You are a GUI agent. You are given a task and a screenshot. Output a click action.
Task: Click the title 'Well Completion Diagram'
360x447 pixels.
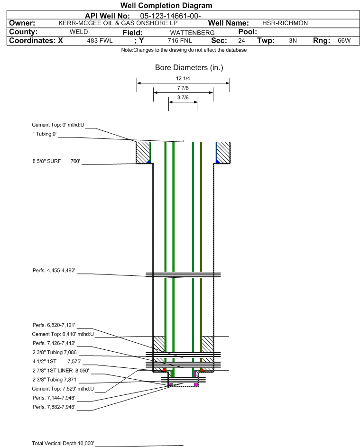(166, 5)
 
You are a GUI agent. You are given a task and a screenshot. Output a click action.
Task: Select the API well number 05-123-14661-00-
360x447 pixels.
(170, 16)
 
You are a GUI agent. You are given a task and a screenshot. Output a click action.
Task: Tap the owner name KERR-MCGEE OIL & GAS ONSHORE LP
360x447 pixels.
(118, 23)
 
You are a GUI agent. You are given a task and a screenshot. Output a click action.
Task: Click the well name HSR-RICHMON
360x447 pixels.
(285, 23)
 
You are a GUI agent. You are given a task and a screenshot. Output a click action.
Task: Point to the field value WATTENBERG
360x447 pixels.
(192, 33)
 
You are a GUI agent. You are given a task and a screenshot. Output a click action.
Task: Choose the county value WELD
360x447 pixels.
(79, 32)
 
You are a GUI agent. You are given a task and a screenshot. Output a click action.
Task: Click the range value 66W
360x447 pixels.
(344, 40)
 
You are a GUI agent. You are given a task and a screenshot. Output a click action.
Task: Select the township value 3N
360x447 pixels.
(293, 40)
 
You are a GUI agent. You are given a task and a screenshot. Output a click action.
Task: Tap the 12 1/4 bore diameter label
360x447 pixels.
(183, 78)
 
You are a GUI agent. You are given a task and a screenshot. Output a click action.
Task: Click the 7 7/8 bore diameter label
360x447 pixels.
(183, 88)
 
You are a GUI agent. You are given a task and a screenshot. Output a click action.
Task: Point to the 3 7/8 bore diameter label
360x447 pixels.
(183, 97)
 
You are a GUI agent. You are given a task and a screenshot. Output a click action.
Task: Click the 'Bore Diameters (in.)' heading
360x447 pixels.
(189, 68)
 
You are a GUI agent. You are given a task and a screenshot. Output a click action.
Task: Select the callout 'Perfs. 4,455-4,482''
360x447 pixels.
(54, 270)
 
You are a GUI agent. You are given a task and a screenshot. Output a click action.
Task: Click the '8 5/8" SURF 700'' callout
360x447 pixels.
(56, 161)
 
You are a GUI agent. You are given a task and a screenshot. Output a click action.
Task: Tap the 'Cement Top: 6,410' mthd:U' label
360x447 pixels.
(63, 334)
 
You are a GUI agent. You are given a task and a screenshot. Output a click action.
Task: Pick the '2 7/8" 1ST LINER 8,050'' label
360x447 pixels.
(61, 370)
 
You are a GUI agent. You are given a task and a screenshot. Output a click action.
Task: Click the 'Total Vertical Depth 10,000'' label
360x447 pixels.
(63, 443)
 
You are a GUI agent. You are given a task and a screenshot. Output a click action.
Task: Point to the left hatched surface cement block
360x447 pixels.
(143, 153)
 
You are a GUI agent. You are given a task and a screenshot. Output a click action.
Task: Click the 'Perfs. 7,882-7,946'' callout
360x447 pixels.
(54, 407)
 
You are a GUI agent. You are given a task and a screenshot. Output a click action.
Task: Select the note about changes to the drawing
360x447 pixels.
(184, 50)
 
